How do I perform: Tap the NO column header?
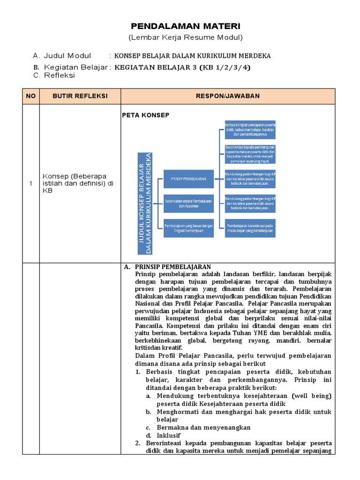point(31,96)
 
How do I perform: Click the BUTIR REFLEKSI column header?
point(80,96)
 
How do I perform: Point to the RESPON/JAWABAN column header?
point(228,96)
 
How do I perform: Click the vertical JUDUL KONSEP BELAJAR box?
point(146,203)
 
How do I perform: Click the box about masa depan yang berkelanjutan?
point(250,228)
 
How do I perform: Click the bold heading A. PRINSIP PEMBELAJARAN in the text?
point(168,267)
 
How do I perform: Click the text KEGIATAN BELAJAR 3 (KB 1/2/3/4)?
point(183,67)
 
